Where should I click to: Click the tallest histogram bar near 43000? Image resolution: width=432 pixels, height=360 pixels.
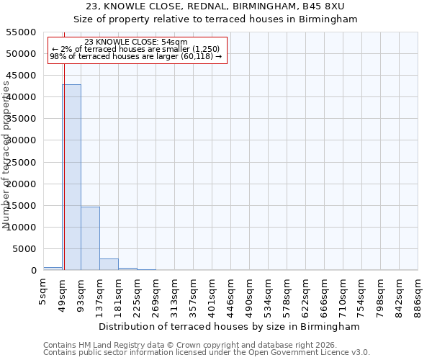tap(71, 177)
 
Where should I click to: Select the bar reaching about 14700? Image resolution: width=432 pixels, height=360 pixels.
tap(90, 238)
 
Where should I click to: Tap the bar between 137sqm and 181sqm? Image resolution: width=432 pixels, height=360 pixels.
tap(109, 264)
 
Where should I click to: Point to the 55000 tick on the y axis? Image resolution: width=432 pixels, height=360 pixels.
tap(22, 32)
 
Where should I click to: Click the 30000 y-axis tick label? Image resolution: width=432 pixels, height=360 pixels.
tap(22, 140)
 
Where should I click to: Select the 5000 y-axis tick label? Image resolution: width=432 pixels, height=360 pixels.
tap(24, 249)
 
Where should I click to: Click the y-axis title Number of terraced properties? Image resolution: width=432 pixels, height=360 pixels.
tap(6, 155)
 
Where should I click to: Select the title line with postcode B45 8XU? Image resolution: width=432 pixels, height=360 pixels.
tap(216, 6)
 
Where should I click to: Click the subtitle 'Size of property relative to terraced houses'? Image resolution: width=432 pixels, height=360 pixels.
tap(216, 19)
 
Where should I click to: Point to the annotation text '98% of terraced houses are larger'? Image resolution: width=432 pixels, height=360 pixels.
tap(135, 56)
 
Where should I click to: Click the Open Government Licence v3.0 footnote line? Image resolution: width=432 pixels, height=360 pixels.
tap(207, 352)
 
